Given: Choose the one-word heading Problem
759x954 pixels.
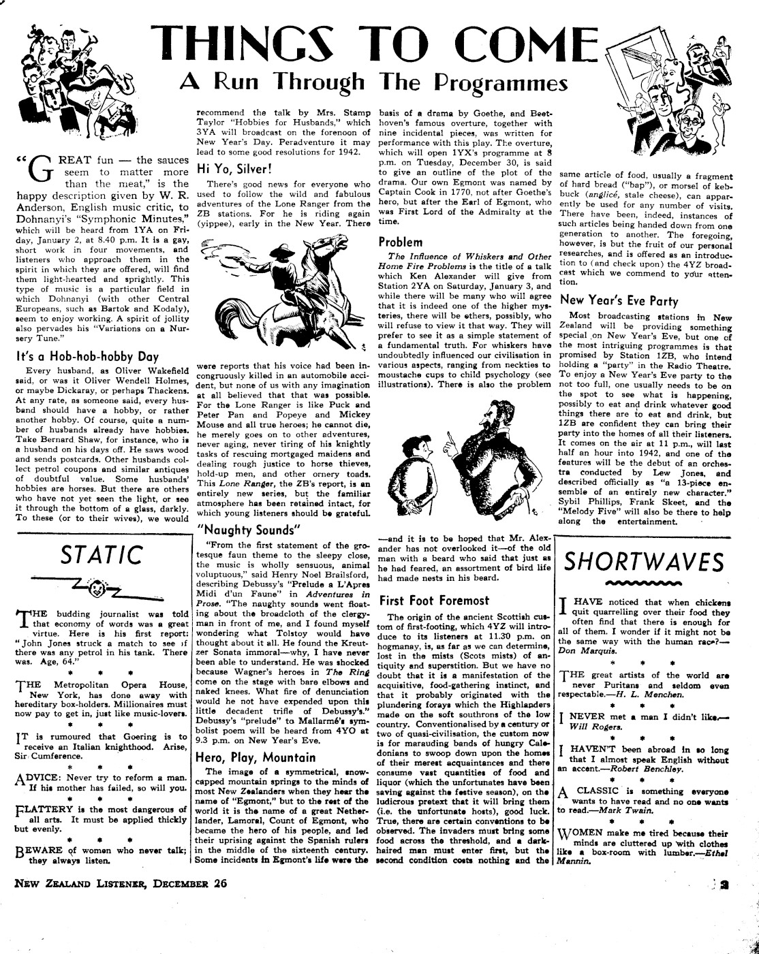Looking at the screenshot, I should pos(401,242).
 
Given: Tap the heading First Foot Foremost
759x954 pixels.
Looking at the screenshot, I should pos(434,601).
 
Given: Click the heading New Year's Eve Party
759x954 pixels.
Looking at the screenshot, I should pos(619,300).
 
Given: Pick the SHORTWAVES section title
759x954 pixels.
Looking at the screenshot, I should pos(644,562).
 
